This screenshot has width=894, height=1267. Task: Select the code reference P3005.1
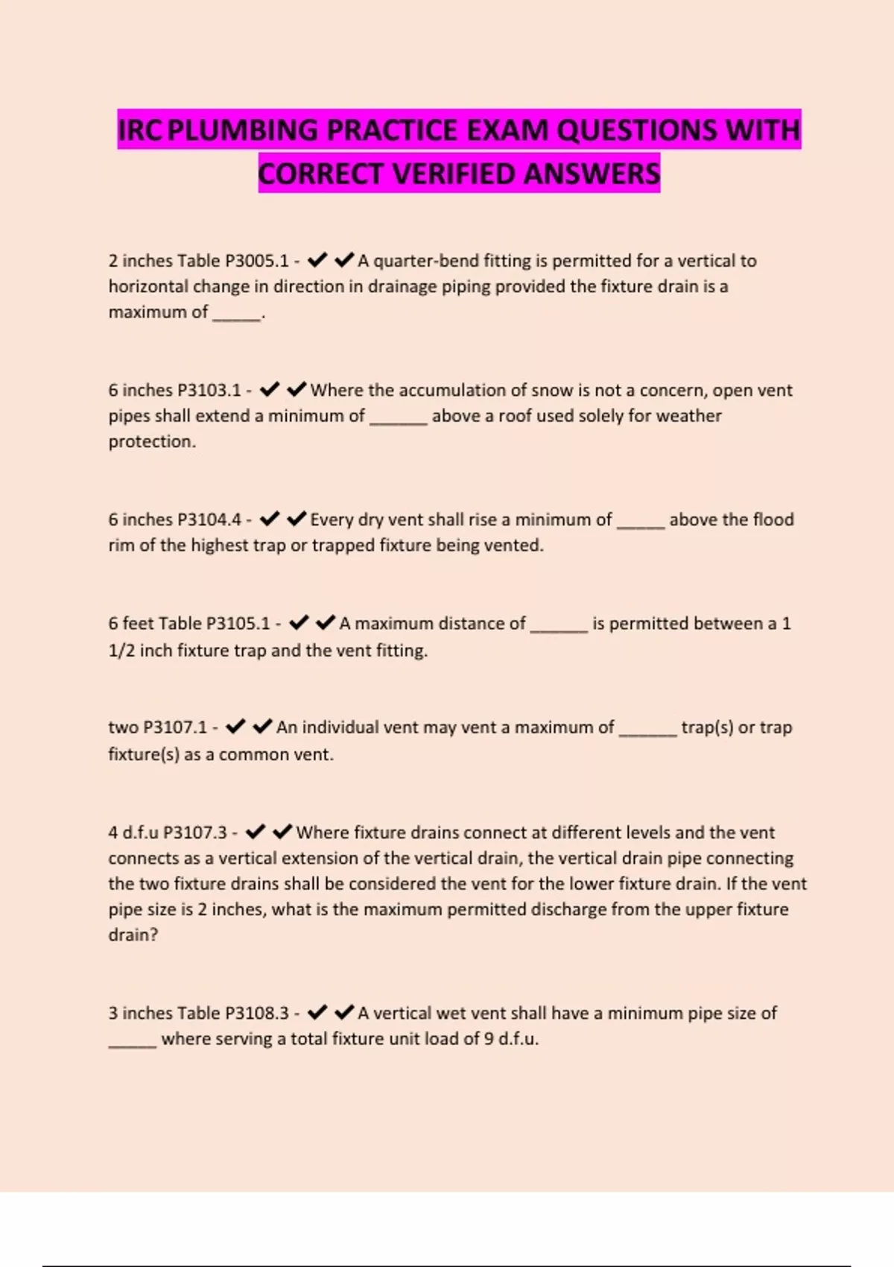(x=256, y=261)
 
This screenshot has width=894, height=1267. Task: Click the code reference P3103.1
(x=209, y=391)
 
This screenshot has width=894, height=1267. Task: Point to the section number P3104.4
(x=209, y=519)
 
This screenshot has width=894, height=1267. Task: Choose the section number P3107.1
(x=175, y=727)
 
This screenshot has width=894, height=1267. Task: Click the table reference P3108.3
(x=256, y=1014)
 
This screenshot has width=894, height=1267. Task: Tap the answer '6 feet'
(x=130, y=624)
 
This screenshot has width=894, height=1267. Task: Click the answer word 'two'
(x=123, y=727)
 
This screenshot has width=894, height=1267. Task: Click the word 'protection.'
(x=152, y=442)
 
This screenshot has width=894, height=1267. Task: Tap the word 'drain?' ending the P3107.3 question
(x=133, y=935)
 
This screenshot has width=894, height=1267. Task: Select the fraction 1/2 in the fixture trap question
(x=121, y=651)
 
